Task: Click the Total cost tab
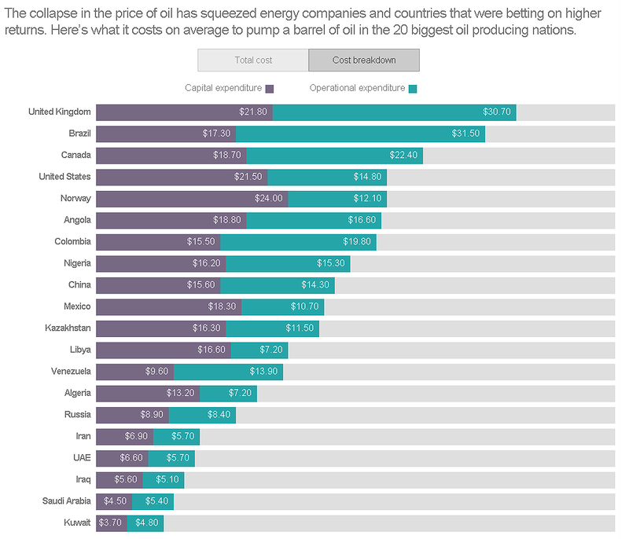(x=253, y=60)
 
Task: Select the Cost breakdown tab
(x=363, y=60)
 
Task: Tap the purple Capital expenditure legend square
(x=270, y=89)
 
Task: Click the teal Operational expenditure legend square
(x=413, y=89)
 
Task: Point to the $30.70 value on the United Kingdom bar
(x=497, y=112)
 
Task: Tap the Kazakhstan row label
(x=68, y=328)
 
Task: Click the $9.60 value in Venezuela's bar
(x=156, y=371)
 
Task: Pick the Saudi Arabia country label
(x=66, y=500)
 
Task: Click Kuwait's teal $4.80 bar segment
(x=145, y=522)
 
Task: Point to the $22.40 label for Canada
(x=403, y=156)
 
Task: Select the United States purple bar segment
(x=181, y=177)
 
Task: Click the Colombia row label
(x=72, y=241)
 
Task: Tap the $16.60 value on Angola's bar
(x=362, y=220)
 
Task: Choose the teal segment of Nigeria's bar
(x=288, y=263)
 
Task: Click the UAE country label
(x=82, y=457)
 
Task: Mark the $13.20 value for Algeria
(x=180, y=393)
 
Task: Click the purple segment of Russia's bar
(x=132, y=414)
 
